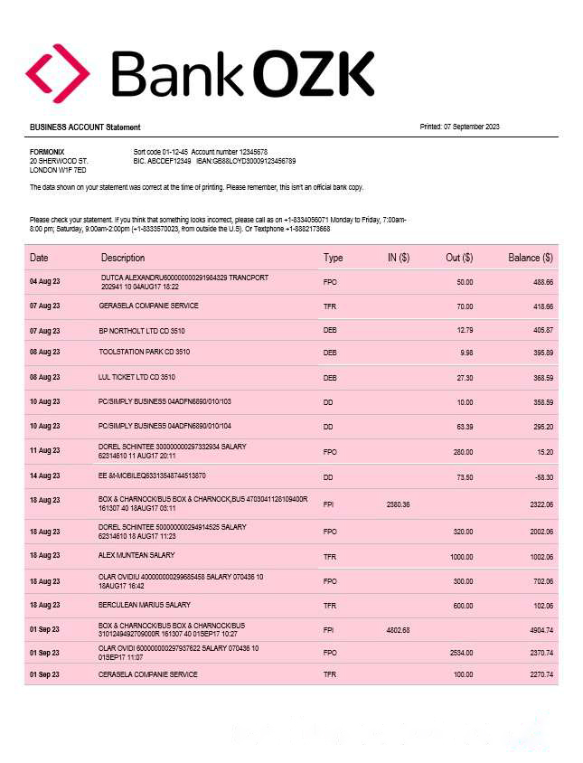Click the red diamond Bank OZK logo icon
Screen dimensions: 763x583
click(57, 73)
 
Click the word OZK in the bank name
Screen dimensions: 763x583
click(313, 74)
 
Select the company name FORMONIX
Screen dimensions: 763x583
click(47, 152)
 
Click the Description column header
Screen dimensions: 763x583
click(123, 258)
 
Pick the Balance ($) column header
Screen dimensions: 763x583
click(531, 258)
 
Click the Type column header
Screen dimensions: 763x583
click(334, 258)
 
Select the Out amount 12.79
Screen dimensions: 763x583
click(465, 331)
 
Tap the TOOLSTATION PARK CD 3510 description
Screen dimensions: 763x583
click(145, 352)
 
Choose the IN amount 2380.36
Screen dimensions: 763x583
click(398, 504)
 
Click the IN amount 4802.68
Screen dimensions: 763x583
click(398, 630)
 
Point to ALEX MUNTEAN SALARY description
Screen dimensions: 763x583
click(136, 555)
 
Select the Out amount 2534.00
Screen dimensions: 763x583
click(460, 652)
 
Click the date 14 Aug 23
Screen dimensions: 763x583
click(44, 476)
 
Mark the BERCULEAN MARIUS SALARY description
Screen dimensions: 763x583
click(145, 605)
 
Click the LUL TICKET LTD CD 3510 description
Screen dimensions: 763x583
click(136, 377)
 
